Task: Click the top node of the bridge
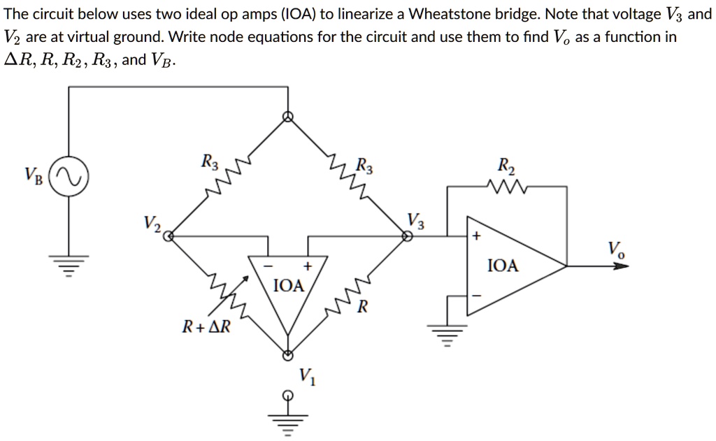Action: [287, 116]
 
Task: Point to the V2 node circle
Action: [168, 236]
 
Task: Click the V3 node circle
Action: [407, 236]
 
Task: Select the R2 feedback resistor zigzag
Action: [506, 187]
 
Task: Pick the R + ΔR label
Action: [206, 326]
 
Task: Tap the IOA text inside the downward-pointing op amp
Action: [288, 285]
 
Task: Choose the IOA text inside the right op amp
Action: [503, 266]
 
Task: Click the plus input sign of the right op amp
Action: [476, 237]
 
